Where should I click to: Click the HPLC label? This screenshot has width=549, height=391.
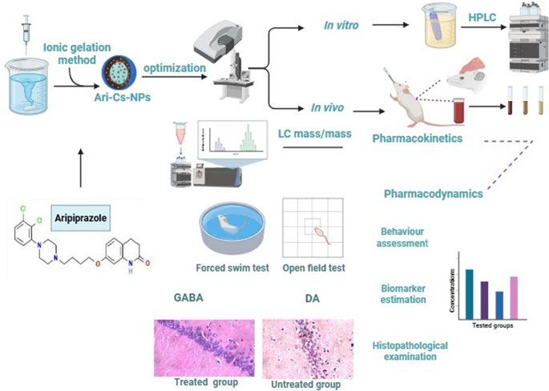482,18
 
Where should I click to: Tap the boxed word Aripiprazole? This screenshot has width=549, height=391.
80,218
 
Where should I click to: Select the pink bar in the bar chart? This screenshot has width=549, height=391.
514,298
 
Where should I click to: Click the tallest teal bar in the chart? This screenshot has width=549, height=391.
469,294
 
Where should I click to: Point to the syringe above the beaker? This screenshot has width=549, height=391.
26,34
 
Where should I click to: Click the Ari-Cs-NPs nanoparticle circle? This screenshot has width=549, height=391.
119,72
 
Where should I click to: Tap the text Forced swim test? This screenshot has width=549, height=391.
232,268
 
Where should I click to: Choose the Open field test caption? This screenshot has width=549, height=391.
313,268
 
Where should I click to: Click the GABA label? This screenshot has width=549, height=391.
188,297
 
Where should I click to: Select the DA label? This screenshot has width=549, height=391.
313,299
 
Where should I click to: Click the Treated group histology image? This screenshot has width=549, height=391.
204,348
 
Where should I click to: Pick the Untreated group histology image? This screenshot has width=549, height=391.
308,349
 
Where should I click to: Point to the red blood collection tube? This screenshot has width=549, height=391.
459,111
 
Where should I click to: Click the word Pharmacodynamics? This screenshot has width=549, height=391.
434,194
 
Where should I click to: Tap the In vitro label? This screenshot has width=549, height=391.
341,25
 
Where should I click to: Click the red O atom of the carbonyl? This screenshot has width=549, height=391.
147,263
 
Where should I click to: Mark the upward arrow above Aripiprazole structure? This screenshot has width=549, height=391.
80,168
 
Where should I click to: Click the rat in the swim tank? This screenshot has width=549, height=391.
230,224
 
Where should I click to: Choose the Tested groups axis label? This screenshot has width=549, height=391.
493,325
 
